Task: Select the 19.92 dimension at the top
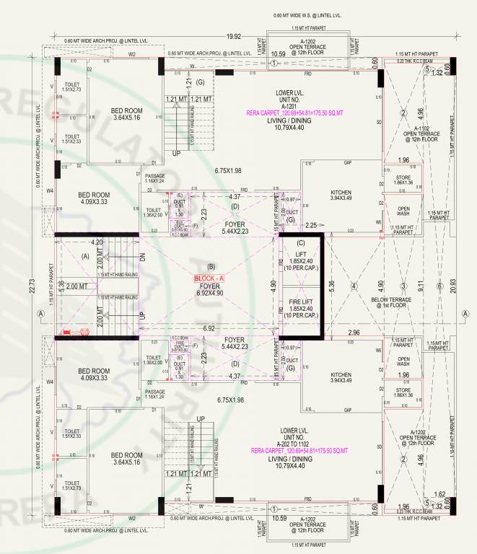tap(232, 36)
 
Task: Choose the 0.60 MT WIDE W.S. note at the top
tap(308, 15)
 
